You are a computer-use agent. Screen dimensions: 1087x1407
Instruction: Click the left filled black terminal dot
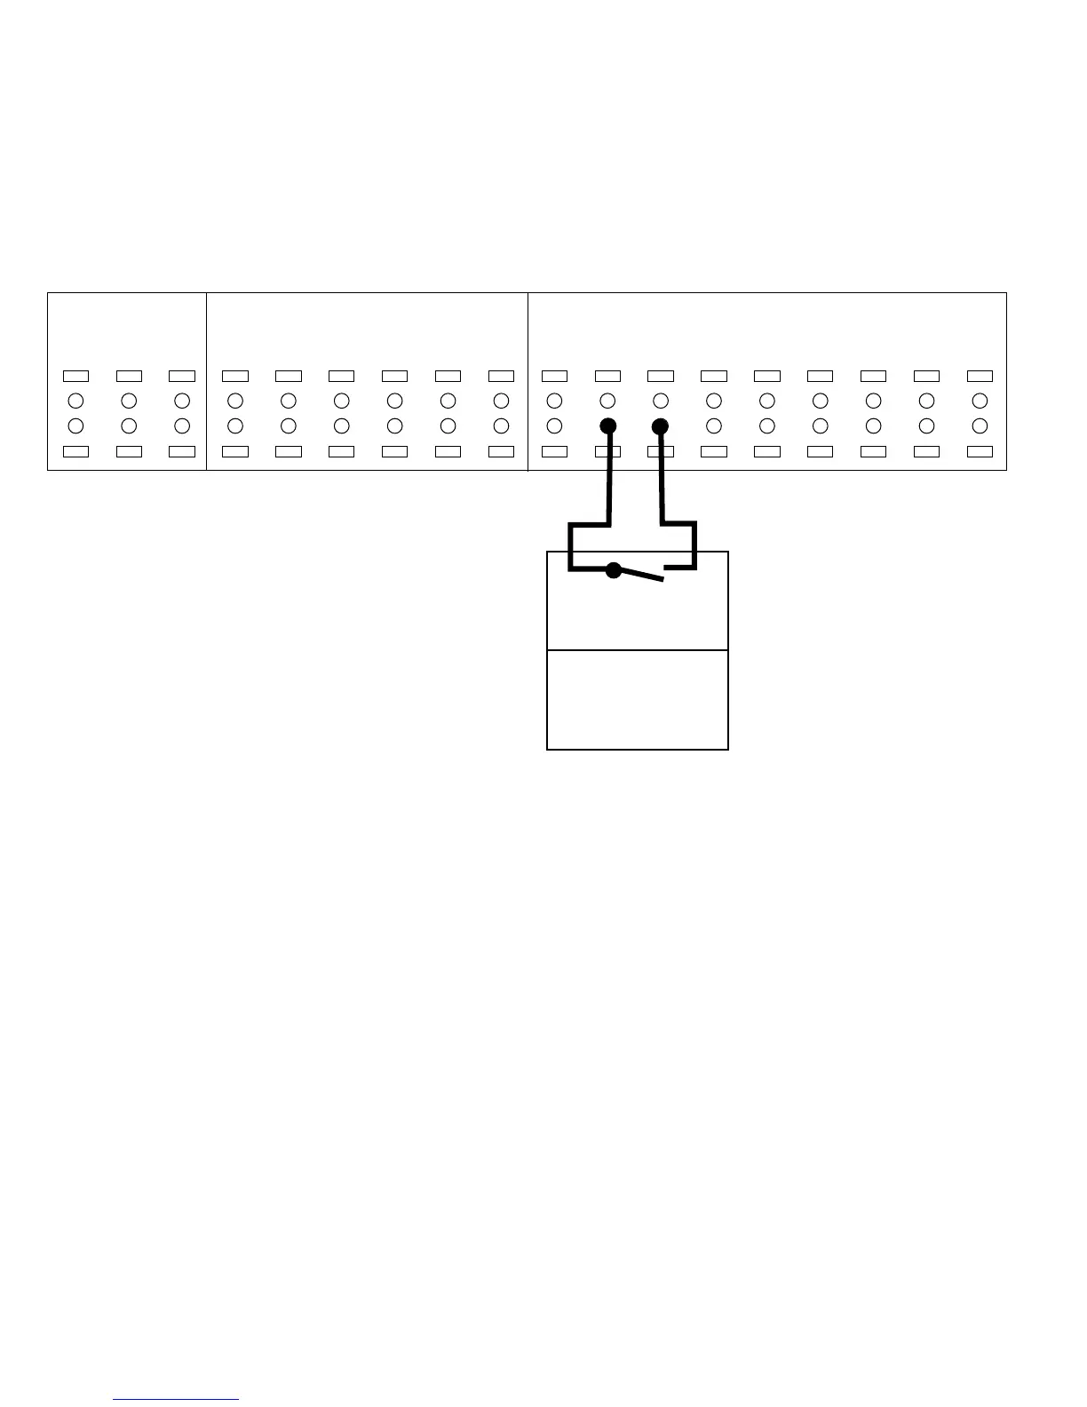click(608, 425)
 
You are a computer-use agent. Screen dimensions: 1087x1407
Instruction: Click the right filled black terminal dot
click(660, 425)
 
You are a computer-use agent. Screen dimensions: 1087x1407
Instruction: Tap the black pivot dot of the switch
click(613, 570)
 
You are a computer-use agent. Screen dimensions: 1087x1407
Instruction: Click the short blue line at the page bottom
click(176, 1399)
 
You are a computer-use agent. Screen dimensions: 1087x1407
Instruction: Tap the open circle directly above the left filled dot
click(608, 400)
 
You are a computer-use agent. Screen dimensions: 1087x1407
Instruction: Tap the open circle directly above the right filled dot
click(661, 400)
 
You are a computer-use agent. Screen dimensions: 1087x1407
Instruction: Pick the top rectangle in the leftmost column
click(75, 376)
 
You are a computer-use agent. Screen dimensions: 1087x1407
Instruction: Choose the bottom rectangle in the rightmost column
click(980, 451)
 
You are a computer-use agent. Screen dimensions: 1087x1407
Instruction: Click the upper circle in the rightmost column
click(980, 400)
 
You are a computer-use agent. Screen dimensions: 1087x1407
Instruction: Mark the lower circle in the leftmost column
click(75, 425)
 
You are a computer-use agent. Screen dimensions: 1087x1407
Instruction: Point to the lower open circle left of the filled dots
click(554, 425)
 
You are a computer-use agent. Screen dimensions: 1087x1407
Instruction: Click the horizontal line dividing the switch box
click(638, 650)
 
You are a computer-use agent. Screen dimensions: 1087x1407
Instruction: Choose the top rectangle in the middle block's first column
click(235, 376)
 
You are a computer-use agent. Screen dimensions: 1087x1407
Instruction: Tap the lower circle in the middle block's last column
click(501, 425)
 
